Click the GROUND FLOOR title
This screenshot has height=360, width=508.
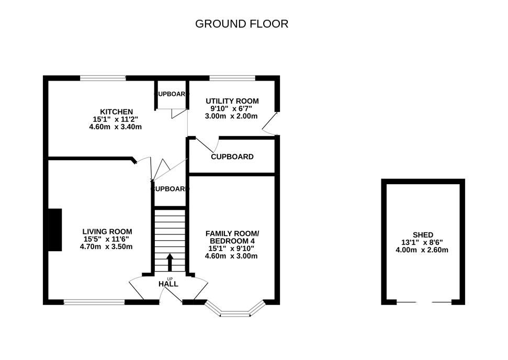click(242, 24)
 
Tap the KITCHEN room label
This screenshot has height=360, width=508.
click(117, 111)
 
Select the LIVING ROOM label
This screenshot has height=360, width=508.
click(107, 231)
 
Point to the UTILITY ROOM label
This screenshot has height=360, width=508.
click(232, 101)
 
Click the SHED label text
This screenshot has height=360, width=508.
click(423, 235)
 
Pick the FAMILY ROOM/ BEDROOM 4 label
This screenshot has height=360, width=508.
click(232, 237)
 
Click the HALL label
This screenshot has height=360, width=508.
click(168, 284)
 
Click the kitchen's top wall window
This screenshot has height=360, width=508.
click(103, 78)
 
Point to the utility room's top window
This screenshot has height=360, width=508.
click(232, 78)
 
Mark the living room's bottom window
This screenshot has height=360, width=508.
click(94, 302)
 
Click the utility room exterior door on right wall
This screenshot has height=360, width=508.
click(269, 124)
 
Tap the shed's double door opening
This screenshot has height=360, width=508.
click(423, 302)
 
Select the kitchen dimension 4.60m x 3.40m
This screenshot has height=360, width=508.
click(117, 127)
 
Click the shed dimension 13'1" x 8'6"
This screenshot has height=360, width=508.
click(423, 242)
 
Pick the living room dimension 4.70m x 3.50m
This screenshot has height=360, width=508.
click(107, 246)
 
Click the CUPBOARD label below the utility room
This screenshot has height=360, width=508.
click(232, 156)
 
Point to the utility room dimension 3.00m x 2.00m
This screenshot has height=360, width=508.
click(232, 116)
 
